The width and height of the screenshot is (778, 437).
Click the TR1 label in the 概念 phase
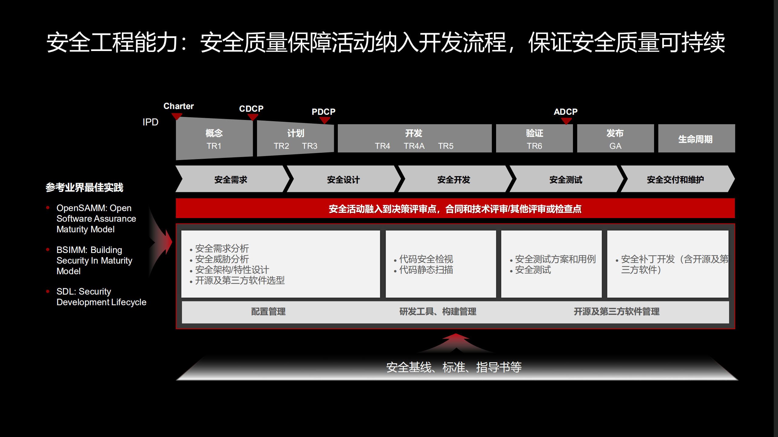(214, 146)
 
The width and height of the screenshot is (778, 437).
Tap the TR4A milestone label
(414, 146)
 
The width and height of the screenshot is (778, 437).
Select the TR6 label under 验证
(534, 146)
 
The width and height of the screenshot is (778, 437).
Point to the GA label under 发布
(615, 146)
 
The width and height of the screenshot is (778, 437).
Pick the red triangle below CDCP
(253, 117)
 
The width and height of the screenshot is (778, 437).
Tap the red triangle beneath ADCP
(566, 121)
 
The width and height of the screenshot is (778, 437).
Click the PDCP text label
(324, 112)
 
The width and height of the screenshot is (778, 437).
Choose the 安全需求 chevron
(231, 179)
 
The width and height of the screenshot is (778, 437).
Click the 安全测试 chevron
(566, 179)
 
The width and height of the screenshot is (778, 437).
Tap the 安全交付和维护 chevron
(675, 179)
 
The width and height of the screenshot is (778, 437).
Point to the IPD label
(150, 122)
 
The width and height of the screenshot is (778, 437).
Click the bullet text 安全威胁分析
(222, 259)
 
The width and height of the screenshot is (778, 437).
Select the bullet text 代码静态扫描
(426, 270)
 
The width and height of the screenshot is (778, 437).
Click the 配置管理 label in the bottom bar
(268, 311)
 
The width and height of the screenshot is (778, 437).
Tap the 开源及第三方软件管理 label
(616, 311)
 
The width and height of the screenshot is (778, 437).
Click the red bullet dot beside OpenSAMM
(48, 208)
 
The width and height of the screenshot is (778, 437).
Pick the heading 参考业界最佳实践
(84, 187)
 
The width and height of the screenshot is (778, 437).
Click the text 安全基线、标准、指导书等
(454, 367)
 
